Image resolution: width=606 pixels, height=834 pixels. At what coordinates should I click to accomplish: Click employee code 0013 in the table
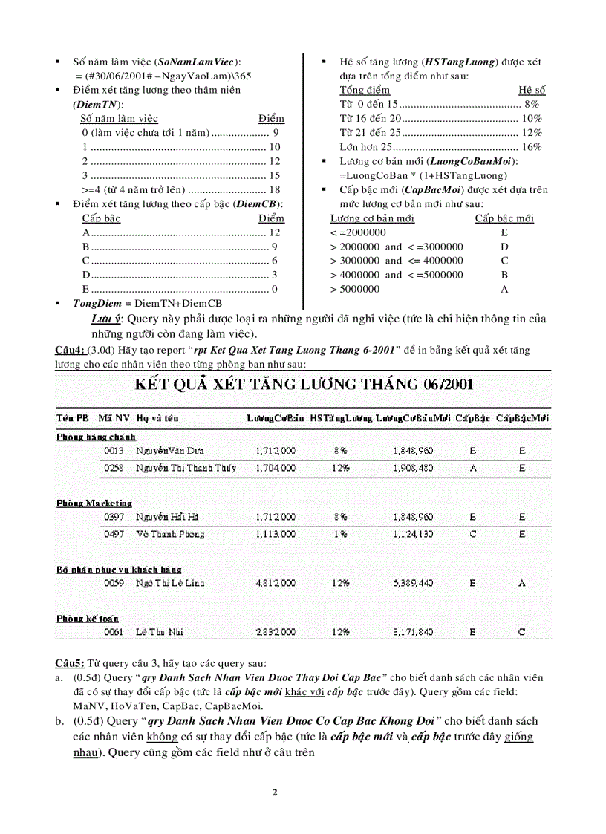pos(114,451)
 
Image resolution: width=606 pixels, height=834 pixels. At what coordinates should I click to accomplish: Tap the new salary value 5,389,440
pos(413,584)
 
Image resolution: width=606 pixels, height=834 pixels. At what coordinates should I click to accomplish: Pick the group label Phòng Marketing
pos(94,504)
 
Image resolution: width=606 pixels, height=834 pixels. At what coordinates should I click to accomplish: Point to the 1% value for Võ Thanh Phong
pos(341,534)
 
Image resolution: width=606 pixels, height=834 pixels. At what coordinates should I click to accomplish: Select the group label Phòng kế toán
pos(88,618)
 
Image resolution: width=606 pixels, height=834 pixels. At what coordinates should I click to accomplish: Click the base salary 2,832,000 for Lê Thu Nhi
pos(275,632)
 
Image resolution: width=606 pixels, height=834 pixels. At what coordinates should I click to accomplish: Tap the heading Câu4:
pos(70,350)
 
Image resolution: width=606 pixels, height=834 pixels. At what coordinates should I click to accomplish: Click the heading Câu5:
pos(70,662)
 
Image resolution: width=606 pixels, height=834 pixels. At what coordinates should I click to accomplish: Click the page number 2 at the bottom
pos(275,792)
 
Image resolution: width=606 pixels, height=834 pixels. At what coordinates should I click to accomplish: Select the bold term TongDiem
pos(97,303)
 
